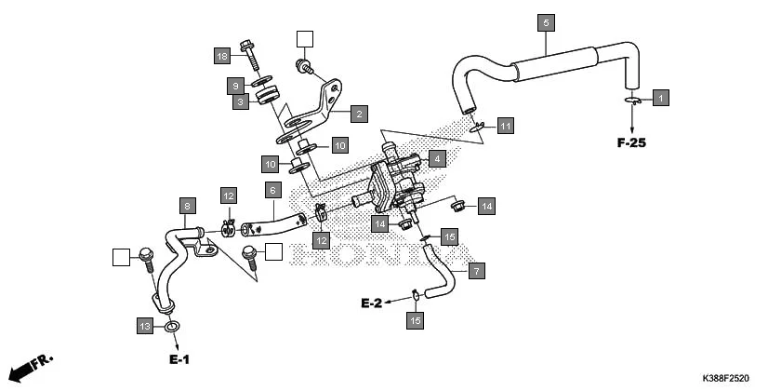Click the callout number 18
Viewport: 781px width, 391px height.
click(x=222, y=56)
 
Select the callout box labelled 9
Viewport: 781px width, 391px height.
click(x=237, y=86)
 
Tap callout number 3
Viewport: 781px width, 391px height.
click(x=240, y=102)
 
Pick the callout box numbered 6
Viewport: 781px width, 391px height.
click(x=272, y=190)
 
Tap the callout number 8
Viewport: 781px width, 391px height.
click(x=187, y=205)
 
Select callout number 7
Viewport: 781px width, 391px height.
click(x=476, y=272)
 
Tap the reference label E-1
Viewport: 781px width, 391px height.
click(x=179, y=359)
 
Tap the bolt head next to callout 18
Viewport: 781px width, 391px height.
click(x=246, y=44)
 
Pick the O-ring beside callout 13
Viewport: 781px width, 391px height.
click(x=172, y=328)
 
